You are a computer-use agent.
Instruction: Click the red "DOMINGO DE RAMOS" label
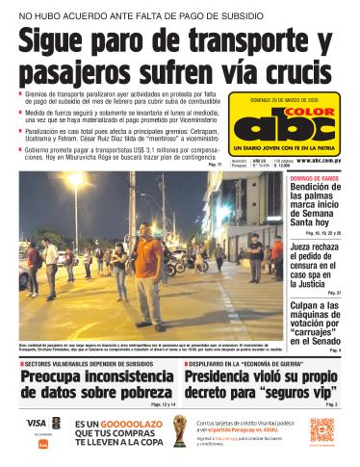(314, 179)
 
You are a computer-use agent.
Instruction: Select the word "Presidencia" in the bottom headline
(227, 377)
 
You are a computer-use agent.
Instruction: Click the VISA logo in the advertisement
(35, 423)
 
